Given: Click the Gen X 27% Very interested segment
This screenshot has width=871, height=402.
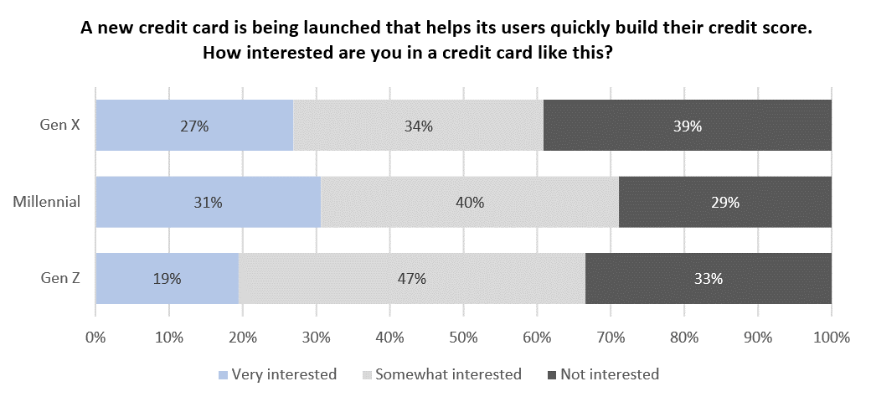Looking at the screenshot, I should tap(194, 126).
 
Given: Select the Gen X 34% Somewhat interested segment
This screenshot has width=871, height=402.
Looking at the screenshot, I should tap(418, 126).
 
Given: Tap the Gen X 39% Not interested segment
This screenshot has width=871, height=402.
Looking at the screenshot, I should tap(687, 126).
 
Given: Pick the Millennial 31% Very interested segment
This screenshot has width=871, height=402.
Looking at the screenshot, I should tap(209, 202).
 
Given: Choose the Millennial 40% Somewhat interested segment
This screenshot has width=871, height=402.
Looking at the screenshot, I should tap(469, 202).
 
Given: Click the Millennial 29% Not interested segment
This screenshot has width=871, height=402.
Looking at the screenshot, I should tap(724, 202).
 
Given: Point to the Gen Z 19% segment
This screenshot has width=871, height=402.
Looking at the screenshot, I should tap(167, 279).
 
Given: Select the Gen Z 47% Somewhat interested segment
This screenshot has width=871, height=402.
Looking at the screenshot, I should tap(411, 279).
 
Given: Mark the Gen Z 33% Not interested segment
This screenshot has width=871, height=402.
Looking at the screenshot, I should tap(708, 279).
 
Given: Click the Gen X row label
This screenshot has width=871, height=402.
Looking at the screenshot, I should tap(60, 126).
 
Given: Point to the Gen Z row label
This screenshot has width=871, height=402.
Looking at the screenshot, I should tap(60, 279).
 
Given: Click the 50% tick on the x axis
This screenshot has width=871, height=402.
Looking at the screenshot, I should tap(463, 338).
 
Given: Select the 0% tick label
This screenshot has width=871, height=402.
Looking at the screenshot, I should tap(95, 338).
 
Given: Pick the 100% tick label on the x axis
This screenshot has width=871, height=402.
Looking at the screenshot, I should tap(831, 338).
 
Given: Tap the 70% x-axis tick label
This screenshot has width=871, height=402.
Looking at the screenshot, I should tap(611, 338).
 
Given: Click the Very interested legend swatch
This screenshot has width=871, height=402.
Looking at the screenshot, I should tap(222, 375).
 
